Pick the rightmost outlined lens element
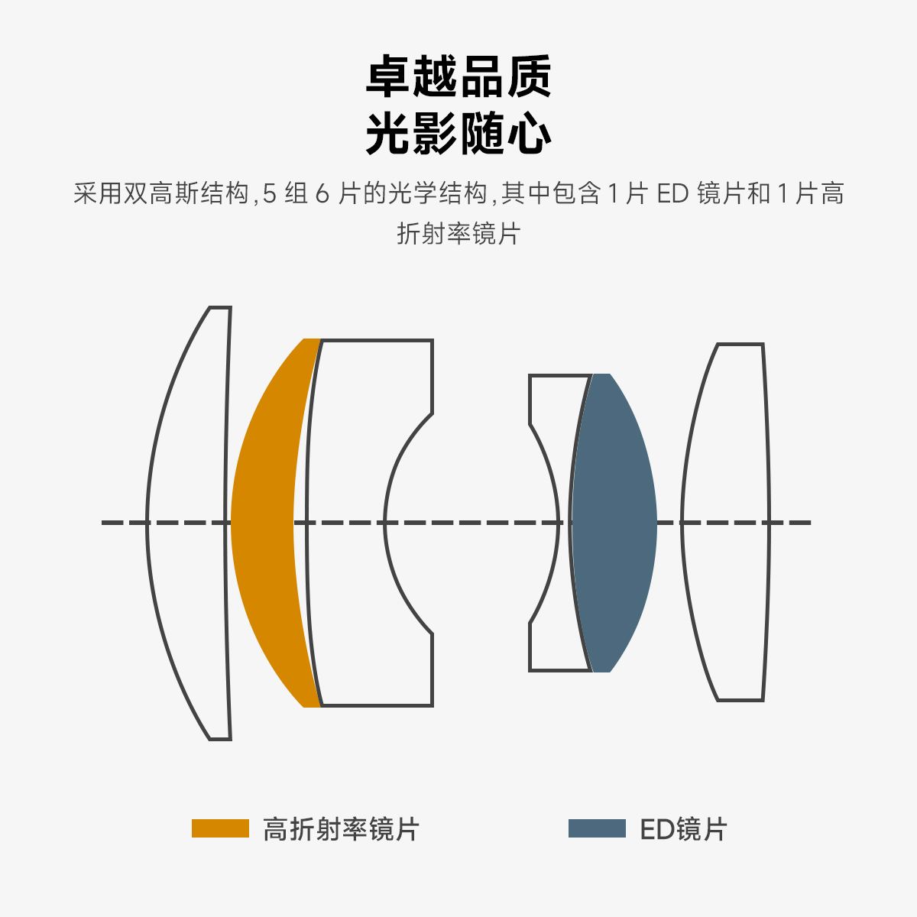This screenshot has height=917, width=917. (x=726, y=523)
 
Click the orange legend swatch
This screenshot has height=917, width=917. (x=220, y=828)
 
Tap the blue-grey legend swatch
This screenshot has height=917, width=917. (x=597, y=828)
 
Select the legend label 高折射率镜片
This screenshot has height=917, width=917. (x=341, y=829)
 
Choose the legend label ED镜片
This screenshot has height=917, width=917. (x=683, y=829)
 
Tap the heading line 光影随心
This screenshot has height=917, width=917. (x=458, y=134)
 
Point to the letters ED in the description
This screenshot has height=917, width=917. (x=673, y=194)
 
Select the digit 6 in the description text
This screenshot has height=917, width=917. (x=322, y=194)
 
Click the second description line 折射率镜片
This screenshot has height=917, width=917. (x=458, y=233)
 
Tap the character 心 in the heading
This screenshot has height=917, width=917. (x=529, y=134)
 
